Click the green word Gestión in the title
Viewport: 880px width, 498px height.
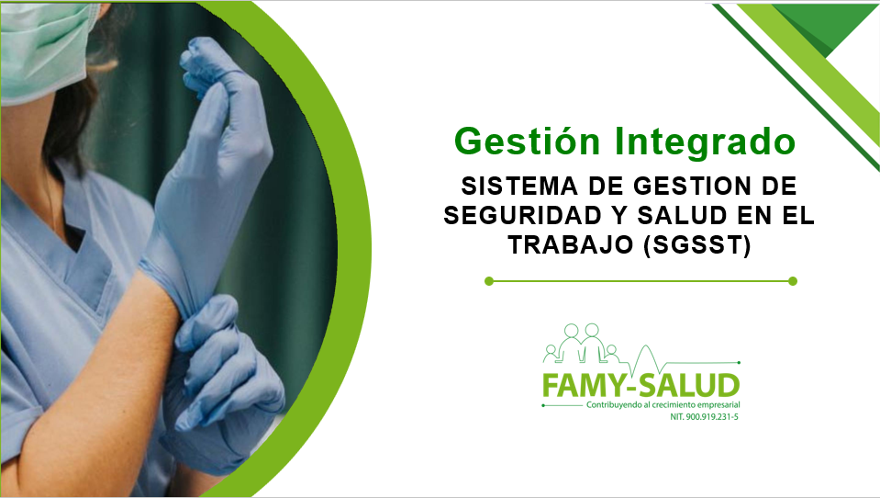coord(527,141)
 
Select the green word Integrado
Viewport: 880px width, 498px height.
coord(705,141)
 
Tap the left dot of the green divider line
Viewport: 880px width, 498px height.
coord(489,281)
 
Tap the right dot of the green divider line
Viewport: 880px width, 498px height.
coord(793,281)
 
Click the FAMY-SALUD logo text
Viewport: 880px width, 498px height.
coord(641,386)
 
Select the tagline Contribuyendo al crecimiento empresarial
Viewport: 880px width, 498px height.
coord(663,404)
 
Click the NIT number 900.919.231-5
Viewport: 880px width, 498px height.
coord(704,417)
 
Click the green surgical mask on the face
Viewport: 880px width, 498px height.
coord(42,51)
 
